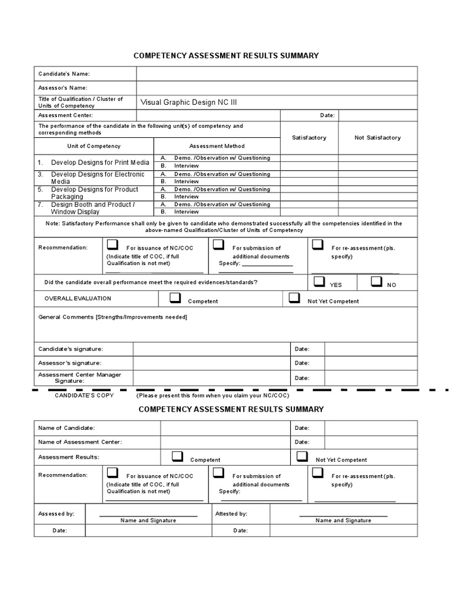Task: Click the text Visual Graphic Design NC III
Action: click(188, 102)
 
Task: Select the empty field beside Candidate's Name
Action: click(277, 74)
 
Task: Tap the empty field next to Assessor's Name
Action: click(277, 88)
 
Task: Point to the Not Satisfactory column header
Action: click(377, 138)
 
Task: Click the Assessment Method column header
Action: click(217, 146)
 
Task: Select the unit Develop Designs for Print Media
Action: click(100, 162)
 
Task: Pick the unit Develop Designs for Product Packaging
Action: click(94, 193)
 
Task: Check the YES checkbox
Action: click(319, 282)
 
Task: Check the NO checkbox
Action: click(376, 282)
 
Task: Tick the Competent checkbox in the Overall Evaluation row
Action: click(175, 299)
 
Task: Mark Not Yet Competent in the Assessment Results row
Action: click(303, 456)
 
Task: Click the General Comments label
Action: click(112, 317)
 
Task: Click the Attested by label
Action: click(231, 513)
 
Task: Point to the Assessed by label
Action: click(56, 513)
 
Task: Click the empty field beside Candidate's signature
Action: click(211, 349)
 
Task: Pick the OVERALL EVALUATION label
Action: click(78, 299)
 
